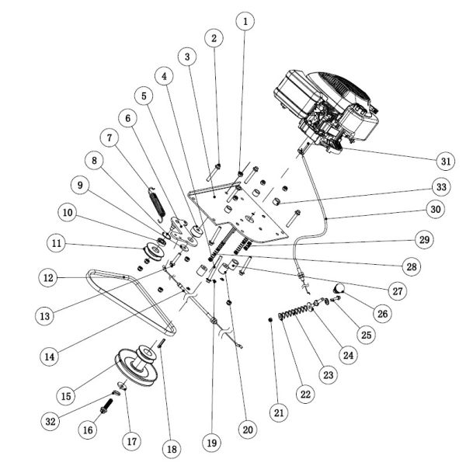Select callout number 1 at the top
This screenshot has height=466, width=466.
[246, 21]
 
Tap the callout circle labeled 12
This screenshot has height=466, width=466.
[48, 276]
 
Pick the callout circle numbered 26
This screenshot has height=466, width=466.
[381, 313]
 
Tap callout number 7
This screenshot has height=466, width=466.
[110, 137]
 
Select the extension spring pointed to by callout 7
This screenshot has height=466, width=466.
[156, 203]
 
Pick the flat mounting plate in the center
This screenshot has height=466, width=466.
[249, 210]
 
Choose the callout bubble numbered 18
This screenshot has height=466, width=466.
[170, 447]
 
